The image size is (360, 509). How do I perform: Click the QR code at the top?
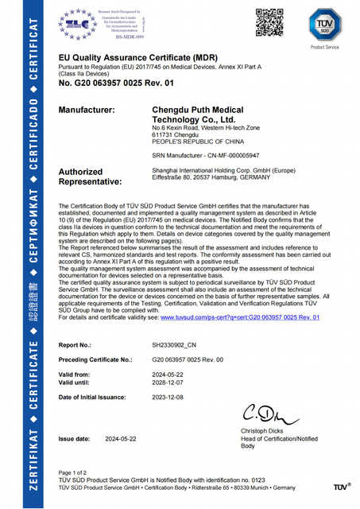[x=270, y=22]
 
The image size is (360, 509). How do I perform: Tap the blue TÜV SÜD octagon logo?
[x=324, y=25]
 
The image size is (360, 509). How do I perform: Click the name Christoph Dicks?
[x=263, y=430]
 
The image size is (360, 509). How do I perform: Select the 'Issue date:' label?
[x=75, y=438]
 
